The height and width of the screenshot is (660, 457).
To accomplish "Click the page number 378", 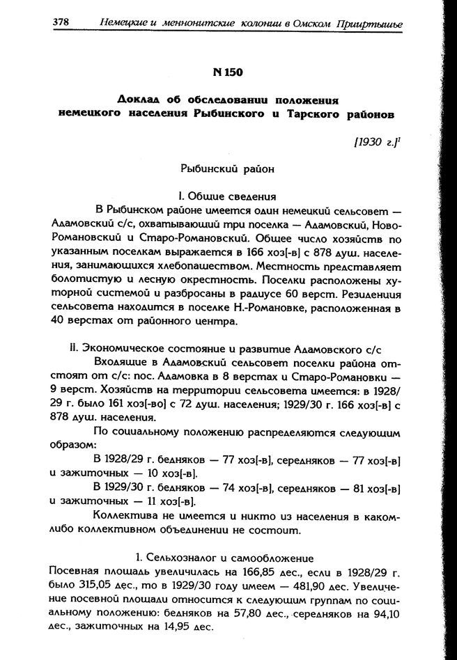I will tap(61, 22).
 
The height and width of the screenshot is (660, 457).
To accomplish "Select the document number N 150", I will tap(228, 71).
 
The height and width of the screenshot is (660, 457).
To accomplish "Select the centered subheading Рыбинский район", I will tap(228, 169).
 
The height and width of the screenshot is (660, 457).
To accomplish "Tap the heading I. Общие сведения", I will tap(228, 196).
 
